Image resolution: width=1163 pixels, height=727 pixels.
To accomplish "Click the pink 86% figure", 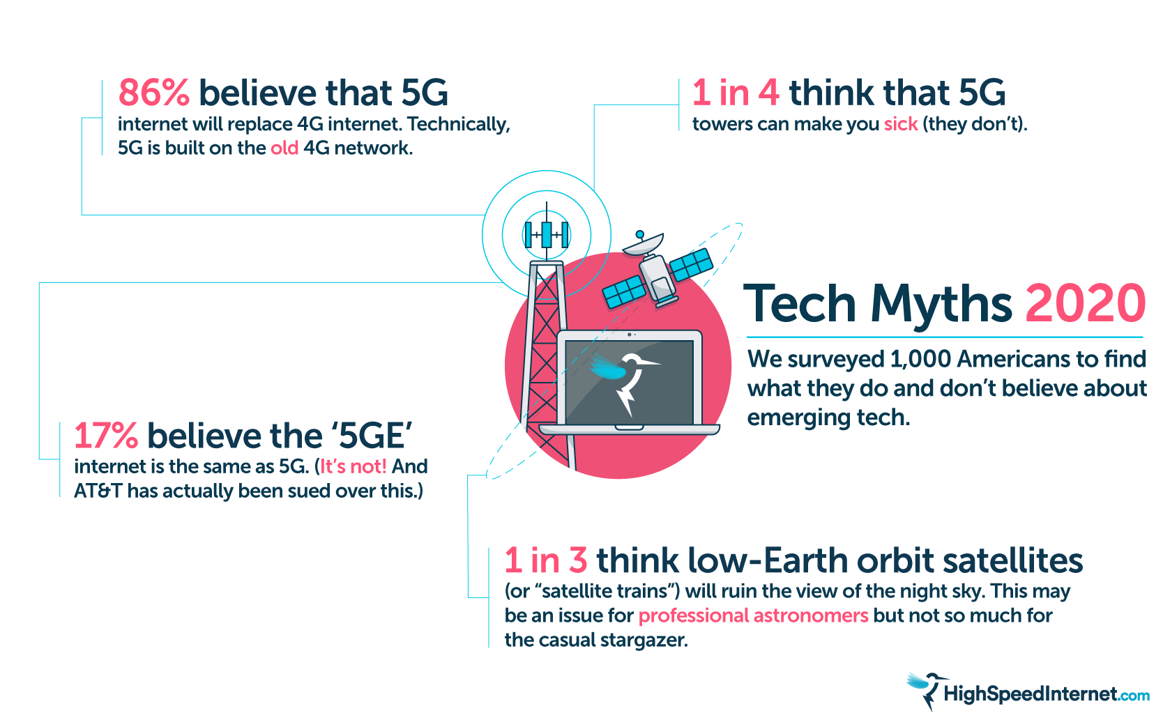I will tap(153, 93).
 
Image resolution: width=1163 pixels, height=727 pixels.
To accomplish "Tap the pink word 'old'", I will tap(284, 148).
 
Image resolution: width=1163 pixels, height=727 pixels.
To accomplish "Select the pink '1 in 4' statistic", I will tap(736, 93).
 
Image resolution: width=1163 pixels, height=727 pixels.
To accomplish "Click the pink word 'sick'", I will tap(901, 124).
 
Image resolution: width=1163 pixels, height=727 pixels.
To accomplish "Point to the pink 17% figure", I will tap(106, 436).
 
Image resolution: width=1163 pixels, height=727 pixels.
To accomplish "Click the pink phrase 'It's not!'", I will tap(353, 466).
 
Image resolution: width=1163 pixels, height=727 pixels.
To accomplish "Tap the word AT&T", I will tap(98, 491).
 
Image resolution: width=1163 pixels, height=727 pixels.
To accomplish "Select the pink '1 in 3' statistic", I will tap(546, 560).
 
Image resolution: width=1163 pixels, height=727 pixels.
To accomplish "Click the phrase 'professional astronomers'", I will tap(753, 615).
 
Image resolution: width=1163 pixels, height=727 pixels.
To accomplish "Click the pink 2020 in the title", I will tap(1085, 304).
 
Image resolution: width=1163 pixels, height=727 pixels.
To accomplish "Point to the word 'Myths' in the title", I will tap(941, 304).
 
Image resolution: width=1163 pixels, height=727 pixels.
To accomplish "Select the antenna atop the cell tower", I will tap(547, 234).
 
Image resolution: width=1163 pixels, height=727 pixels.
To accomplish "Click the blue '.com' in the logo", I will tap(1134, 695).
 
